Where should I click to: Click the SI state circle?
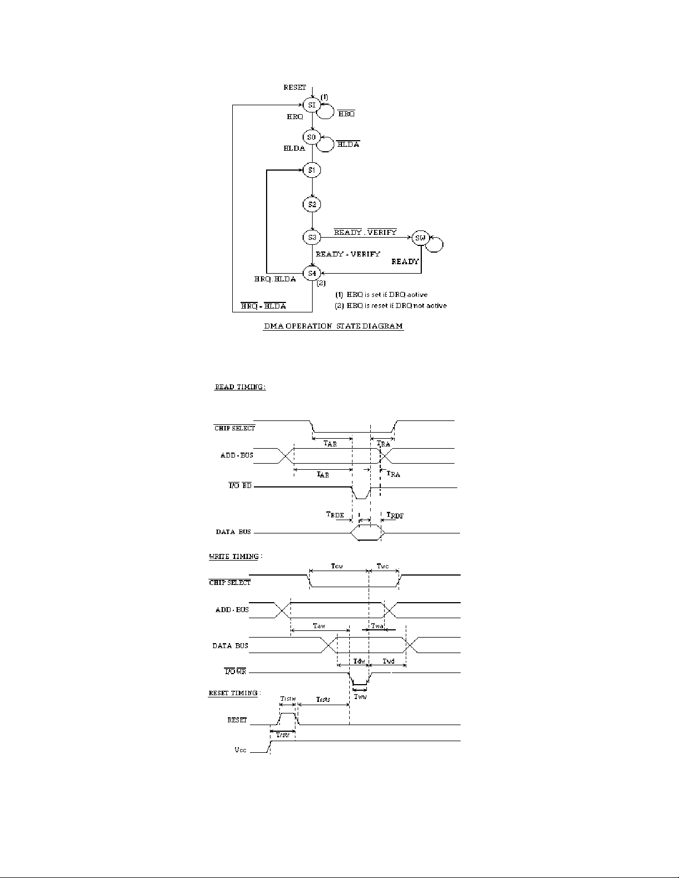point(312,105)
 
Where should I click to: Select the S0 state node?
point(312,137)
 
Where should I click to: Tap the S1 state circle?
point(312,170)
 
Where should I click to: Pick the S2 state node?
point(312,204)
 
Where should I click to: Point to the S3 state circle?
point(312,237)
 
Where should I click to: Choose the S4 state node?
point(312,273)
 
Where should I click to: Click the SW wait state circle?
point(420,238)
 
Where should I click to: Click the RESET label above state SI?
point(294,88)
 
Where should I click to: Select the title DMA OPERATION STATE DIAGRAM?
point(333,327)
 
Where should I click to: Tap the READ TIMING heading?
point(240,387)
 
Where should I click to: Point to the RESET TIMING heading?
point(234,693)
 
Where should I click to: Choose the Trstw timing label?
point(288,699)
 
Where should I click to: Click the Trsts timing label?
point(323,700)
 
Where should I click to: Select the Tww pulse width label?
point(360,696)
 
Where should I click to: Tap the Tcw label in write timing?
point(336,566)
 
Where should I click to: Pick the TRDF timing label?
point(395,516)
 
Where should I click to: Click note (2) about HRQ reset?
point(391,305)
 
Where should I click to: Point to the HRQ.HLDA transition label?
point(275,279)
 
